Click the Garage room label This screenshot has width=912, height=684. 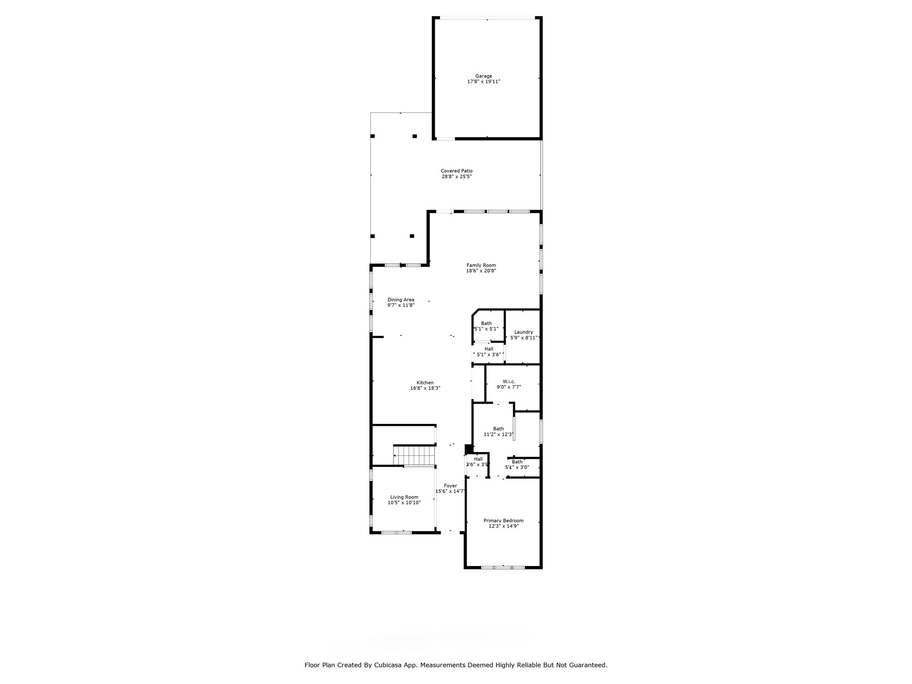click(x=484, y=76)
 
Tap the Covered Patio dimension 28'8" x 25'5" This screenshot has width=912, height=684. click(x=456, y=177)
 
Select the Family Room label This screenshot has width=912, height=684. click(x=481, y=265)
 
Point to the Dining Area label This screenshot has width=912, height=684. click(x=401, y=300)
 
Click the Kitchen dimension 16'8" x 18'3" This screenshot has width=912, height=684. click(x=425, y=388)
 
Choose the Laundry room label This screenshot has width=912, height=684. click(x=523, y=332)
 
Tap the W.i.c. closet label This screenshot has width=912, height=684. click(x=509, y=382)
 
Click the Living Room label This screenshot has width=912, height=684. click(x=404, y=497)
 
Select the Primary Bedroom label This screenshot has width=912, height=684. click(x=503, y=521)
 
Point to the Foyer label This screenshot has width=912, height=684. click(x=450, y=486)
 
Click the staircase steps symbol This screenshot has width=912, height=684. click(x=414, y=456)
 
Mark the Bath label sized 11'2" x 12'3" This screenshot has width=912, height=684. click(x=498, y=429)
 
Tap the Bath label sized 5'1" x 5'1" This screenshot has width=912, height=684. click(x=486, y=324)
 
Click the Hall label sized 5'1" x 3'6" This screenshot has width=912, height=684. click(x=489, y=349)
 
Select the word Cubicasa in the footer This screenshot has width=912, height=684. click(x=403, y=665)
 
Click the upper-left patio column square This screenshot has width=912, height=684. click(x=373, y=136)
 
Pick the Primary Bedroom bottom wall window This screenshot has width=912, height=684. click(x=503, y=567)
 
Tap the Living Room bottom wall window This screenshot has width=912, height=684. click(x=397, y=532)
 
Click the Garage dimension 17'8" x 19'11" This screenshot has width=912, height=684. click(x=484, y=82)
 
